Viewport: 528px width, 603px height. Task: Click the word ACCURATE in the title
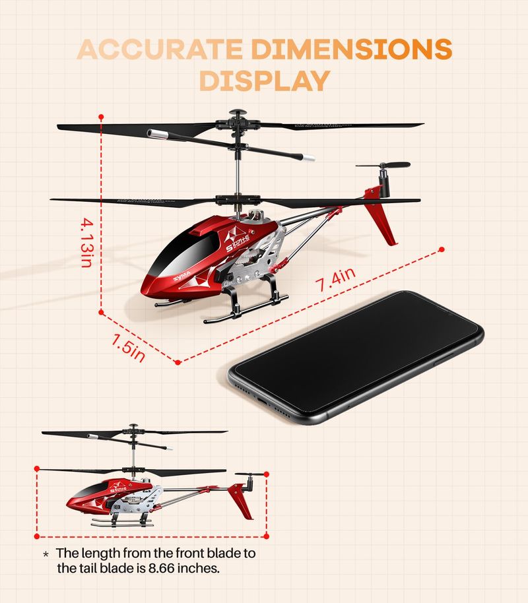coord(161,50)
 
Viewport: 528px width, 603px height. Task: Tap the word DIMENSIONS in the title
coord(352,50)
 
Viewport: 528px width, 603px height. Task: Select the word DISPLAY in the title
coord(264,80)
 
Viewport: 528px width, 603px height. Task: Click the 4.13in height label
coord(86,243)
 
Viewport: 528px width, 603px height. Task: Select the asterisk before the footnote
coord(46,554)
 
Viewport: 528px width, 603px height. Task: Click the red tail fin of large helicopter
coord(382,218)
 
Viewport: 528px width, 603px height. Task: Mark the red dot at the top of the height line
coord(101,117)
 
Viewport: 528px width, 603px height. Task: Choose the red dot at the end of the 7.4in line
coord(442,249)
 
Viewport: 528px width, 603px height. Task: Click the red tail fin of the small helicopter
coord(242,501)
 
